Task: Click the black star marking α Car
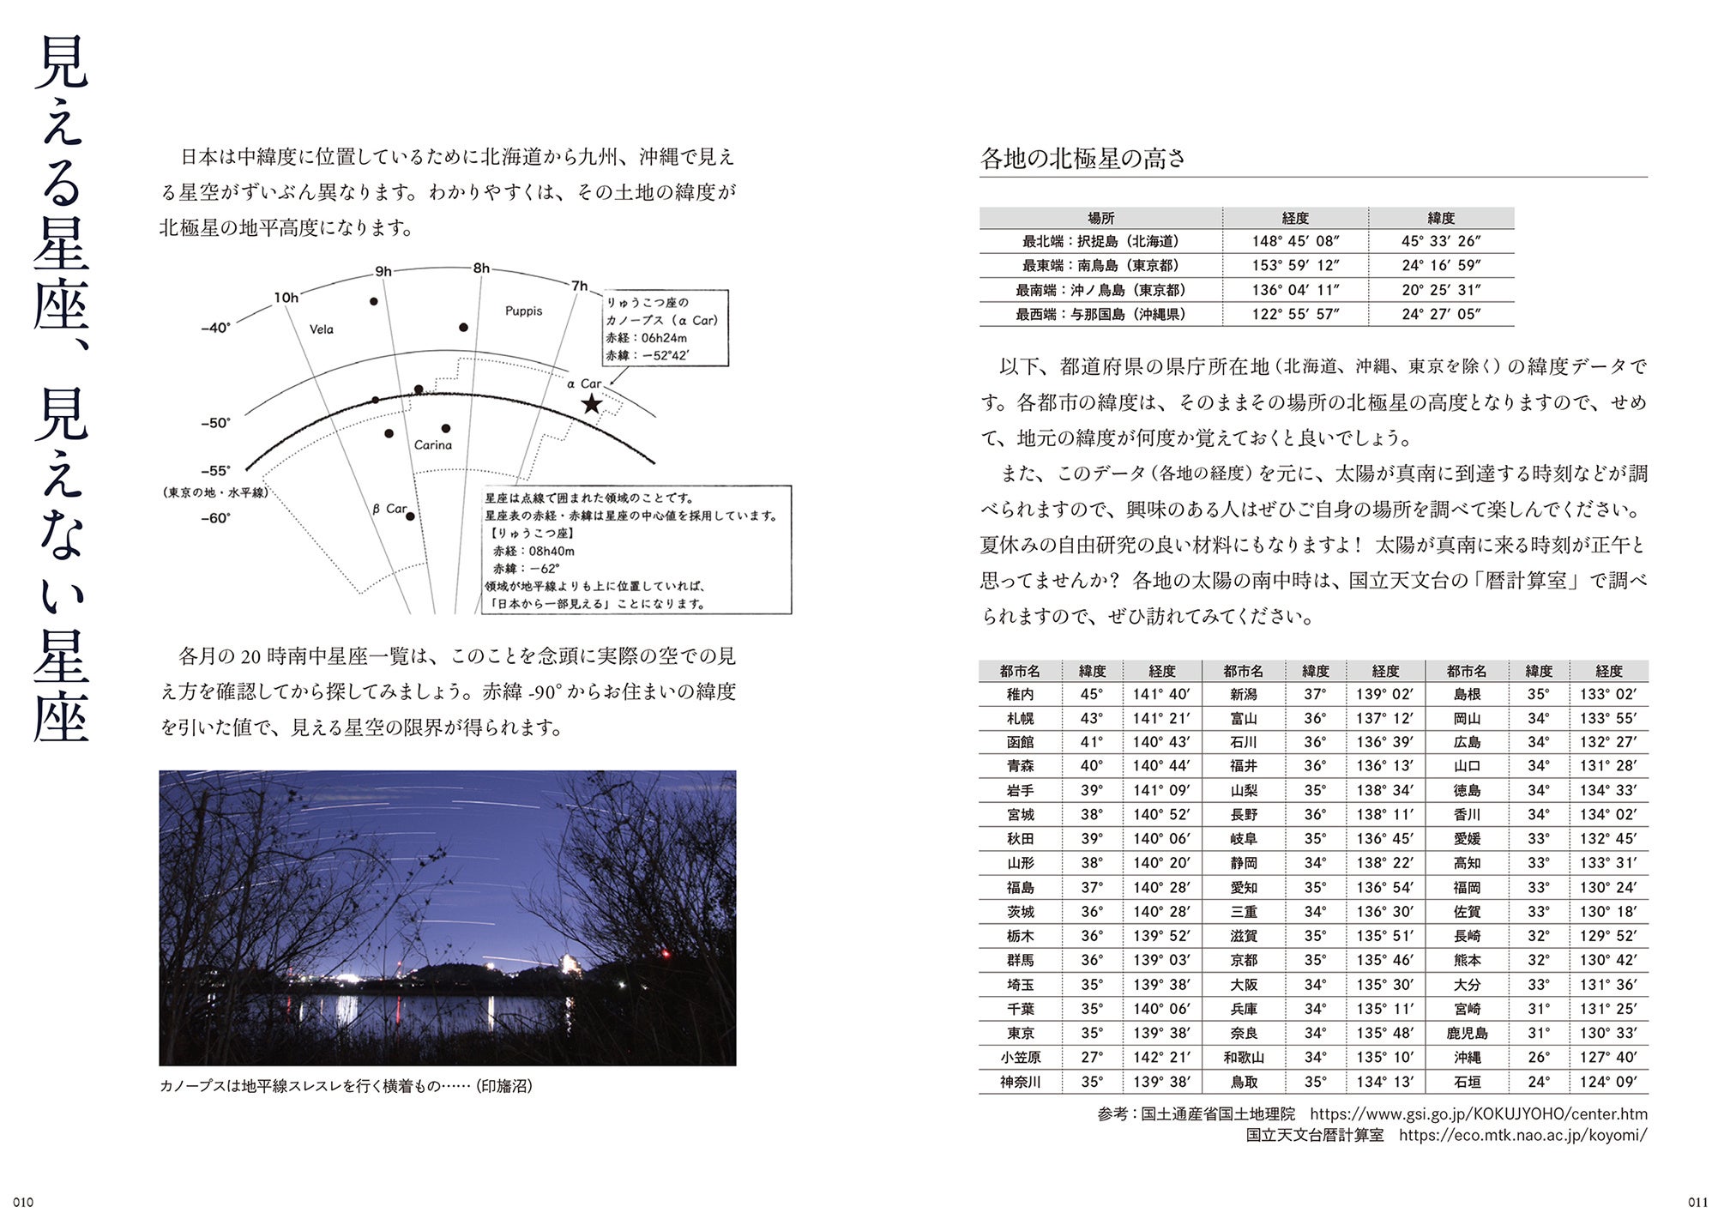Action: (591, 403)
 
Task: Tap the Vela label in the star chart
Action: (322, 329)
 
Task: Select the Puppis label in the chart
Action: (523, 311)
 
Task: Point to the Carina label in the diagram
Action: (432, 445)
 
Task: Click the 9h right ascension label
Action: (383, 272)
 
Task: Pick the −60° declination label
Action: (215, 518)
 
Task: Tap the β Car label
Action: (389, 509)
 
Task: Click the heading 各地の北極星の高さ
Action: (1082, 159)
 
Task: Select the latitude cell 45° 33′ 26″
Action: (1441, 242)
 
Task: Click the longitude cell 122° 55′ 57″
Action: (1295, 314)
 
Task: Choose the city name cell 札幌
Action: (1021, 718)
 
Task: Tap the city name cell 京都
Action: (1244, 960)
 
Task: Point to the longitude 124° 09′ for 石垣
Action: (1608, 1082)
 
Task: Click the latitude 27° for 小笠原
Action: (1092, 1058)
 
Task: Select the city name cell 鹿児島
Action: (1467, 1033)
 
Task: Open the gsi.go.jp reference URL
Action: (1479, 1114)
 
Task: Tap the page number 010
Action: (21, 1201)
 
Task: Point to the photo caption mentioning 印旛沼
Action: (346, 1086)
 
